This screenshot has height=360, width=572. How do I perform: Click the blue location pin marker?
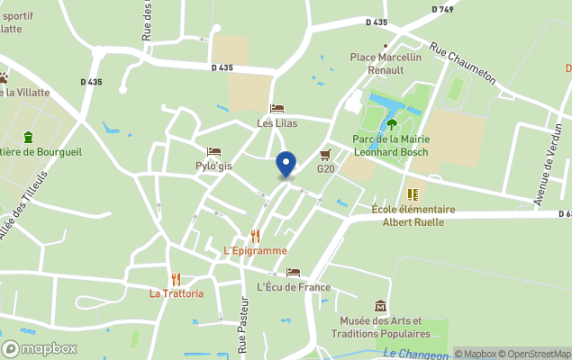[286, 165]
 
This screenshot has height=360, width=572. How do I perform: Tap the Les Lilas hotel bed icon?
[277, 109]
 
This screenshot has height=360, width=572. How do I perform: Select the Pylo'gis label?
[213, 166]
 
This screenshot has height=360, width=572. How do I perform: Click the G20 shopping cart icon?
[325, 154]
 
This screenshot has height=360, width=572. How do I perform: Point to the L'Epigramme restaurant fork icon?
[255, 236]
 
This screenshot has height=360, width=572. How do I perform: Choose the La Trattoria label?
[176, 293]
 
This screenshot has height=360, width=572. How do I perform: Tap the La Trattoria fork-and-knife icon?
[176, 279]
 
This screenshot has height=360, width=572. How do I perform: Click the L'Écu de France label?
[294, 287]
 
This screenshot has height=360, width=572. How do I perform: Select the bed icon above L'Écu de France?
[293, 272]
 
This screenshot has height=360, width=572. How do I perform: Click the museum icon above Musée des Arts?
[380, 306]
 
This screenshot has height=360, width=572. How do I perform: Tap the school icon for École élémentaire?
[413, 194]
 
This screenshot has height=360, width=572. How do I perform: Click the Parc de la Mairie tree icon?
[391, 123]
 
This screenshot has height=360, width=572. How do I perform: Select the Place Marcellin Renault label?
[386, 63]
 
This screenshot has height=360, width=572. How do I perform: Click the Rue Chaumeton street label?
[462, 64]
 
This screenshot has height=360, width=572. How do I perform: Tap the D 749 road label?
[442, 9]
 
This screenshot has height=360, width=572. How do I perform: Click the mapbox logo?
[40, 348]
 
